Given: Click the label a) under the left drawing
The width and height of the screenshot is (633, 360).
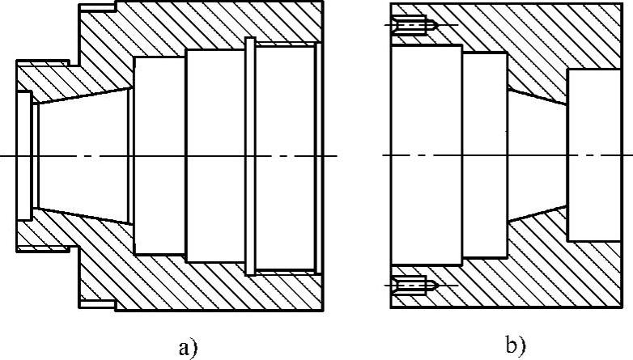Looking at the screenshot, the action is (187, 347).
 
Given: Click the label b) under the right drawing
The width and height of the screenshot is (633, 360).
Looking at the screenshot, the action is (516, 347).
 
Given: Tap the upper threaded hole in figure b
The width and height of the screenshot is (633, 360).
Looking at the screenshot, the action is (414, 26).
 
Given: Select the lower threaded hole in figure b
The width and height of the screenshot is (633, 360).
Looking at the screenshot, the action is (414, 285).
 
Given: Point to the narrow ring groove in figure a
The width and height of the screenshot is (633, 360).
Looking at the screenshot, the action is (249, 155).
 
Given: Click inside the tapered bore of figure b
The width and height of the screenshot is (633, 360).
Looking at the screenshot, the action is (537, 155).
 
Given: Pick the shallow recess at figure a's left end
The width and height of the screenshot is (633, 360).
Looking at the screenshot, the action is (24, 155).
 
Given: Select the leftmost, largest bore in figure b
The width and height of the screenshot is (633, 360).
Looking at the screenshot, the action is (426, 155).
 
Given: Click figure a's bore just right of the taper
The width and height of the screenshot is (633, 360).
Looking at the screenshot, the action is (159, 155).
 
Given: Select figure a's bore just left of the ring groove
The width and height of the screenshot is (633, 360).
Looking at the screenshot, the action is (215, 155).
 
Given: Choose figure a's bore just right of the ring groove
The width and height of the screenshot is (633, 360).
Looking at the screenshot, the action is (283, 155).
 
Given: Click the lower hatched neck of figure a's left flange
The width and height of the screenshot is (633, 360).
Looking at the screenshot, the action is (49, 235).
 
